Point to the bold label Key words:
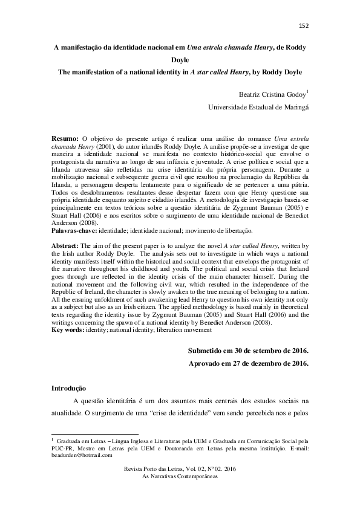68,330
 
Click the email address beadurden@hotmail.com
80,456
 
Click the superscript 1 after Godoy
309,91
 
